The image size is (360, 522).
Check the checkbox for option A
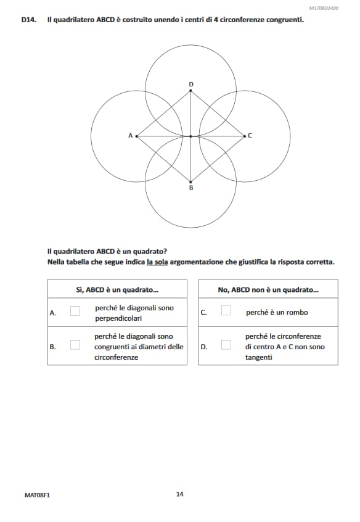click(x=75, y=311)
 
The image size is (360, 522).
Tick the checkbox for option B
click(x=75, y=346)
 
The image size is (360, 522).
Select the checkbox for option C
click(x=226, y=311)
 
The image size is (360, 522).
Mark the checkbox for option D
click(x=226, y=346)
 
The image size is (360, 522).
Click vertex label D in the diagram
click(x=190, y=83)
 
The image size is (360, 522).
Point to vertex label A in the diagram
click(x=130, y=135)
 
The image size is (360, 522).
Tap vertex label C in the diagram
click(x=250, y=135)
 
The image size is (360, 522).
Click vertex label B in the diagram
click(x=190, y=187)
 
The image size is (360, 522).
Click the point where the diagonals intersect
click(x=190, y=136)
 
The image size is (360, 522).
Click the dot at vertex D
click(x=190, y=91)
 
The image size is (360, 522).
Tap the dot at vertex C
click(x=244, y=136)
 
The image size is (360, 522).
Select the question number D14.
click(x=28, y=20)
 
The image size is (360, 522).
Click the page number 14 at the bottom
click(x=179, y=494)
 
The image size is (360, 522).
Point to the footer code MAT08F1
click(x=37, y=494)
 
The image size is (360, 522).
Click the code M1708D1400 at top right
click(x=323, y=8)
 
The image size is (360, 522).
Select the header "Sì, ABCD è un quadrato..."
click(x=117, y=289)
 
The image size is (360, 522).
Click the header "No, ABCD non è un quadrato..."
click(x=268, y=289)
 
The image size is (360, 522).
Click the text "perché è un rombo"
click(x=277, y=312)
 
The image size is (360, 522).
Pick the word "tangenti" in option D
click(x=258, y=357)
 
